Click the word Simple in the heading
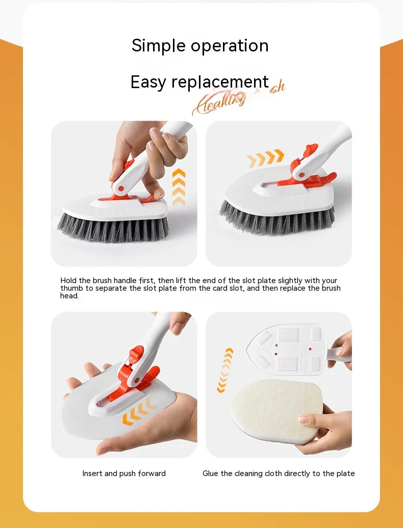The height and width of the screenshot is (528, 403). coord(159,46)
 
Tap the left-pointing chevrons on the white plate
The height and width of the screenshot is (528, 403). coord(138,410)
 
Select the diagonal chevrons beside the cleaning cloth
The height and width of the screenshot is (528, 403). coord(225,370)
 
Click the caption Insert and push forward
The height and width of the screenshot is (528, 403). coord(124,474)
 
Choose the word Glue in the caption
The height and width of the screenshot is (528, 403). coord(210,474)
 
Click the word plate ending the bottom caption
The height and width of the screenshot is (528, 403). coord(345,474)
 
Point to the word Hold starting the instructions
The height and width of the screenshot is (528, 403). coord(68,281)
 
